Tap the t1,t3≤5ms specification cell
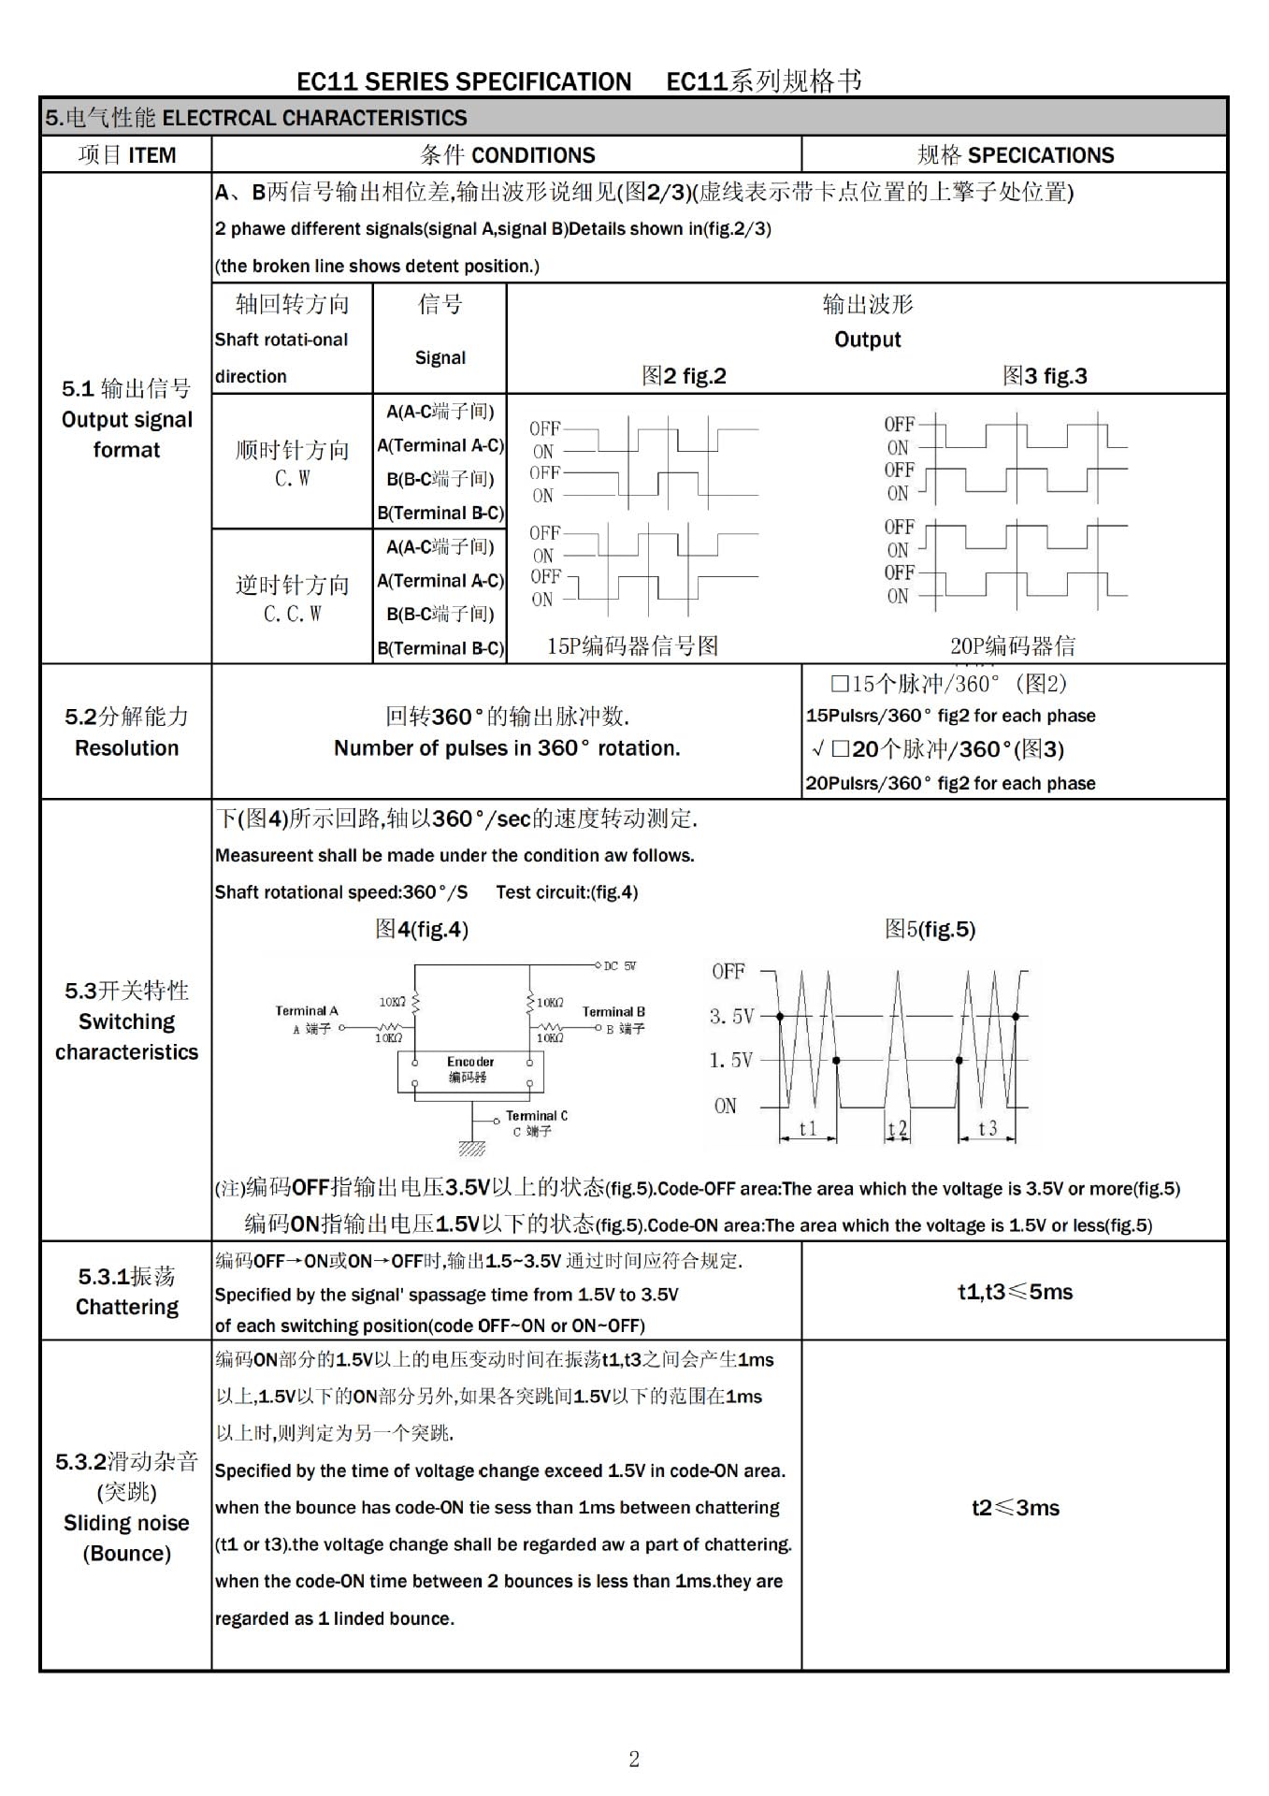[x=1015, y=1292]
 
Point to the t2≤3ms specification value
[x=1015, y=1507]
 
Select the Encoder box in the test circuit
[x=469, y=1070]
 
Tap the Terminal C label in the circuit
[x=536, y=1116]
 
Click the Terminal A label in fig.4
[x=307, y=1010]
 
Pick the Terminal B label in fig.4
[x=613, y=1011]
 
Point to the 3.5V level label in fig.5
[x=731, y=1016]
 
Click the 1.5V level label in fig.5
[x=731, y=1060]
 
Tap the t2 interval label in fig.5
[x=897, y=1129]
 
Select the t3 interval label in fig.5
[x=988, y=1128]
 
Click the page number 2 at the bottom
[x=634, y=1760]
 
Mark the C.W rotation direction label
[x=292, y=479]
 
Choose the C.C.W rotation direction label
[x=292, y=614]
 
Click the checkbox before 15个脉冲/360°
[x=839, y=684]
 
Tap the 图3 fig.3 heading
[x=1045, y=376]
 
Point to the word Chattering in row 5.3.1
[x=126, y=1307]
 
